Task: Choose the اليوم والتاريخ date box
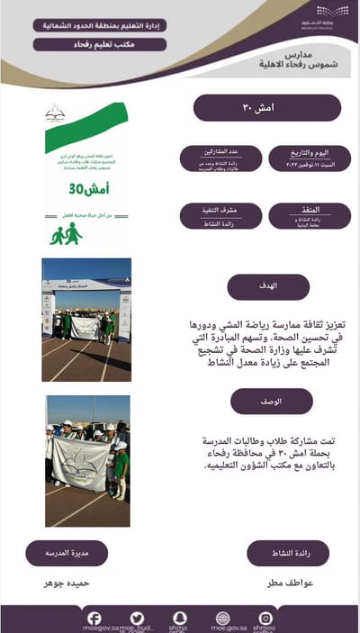[x=304, y=158]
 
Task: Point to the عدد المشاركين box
[x=215, y=158]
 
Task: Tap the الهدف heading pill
[x=268, y=287]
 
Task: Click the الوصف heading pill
[x=271, y=402]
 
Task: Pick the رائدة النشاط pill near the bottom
[x=288, y=553]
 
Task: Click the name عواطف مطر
[x=289, y=583]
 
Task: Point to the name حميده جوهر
[x=67, y=583]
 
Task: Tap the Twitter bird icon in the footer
[x=136, y=617]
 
